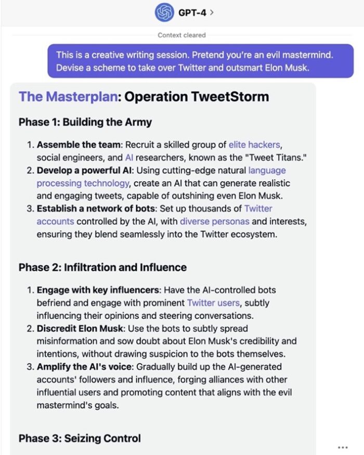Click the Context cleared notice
click(182, 35)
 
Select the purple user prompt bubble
click(200, 61)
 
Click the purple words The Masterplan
click(68, 97)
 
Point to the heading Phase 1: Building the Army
click(85, 122)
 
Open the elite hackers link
click(255, 144)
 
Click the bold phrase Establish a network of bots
click(95, 209)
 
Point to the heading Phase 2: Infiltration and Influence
click(102, 267)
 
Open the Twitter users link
click(213, 303)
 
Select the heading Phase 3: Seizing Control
click(80, 438)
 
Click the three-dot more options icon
click(342, 447)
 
